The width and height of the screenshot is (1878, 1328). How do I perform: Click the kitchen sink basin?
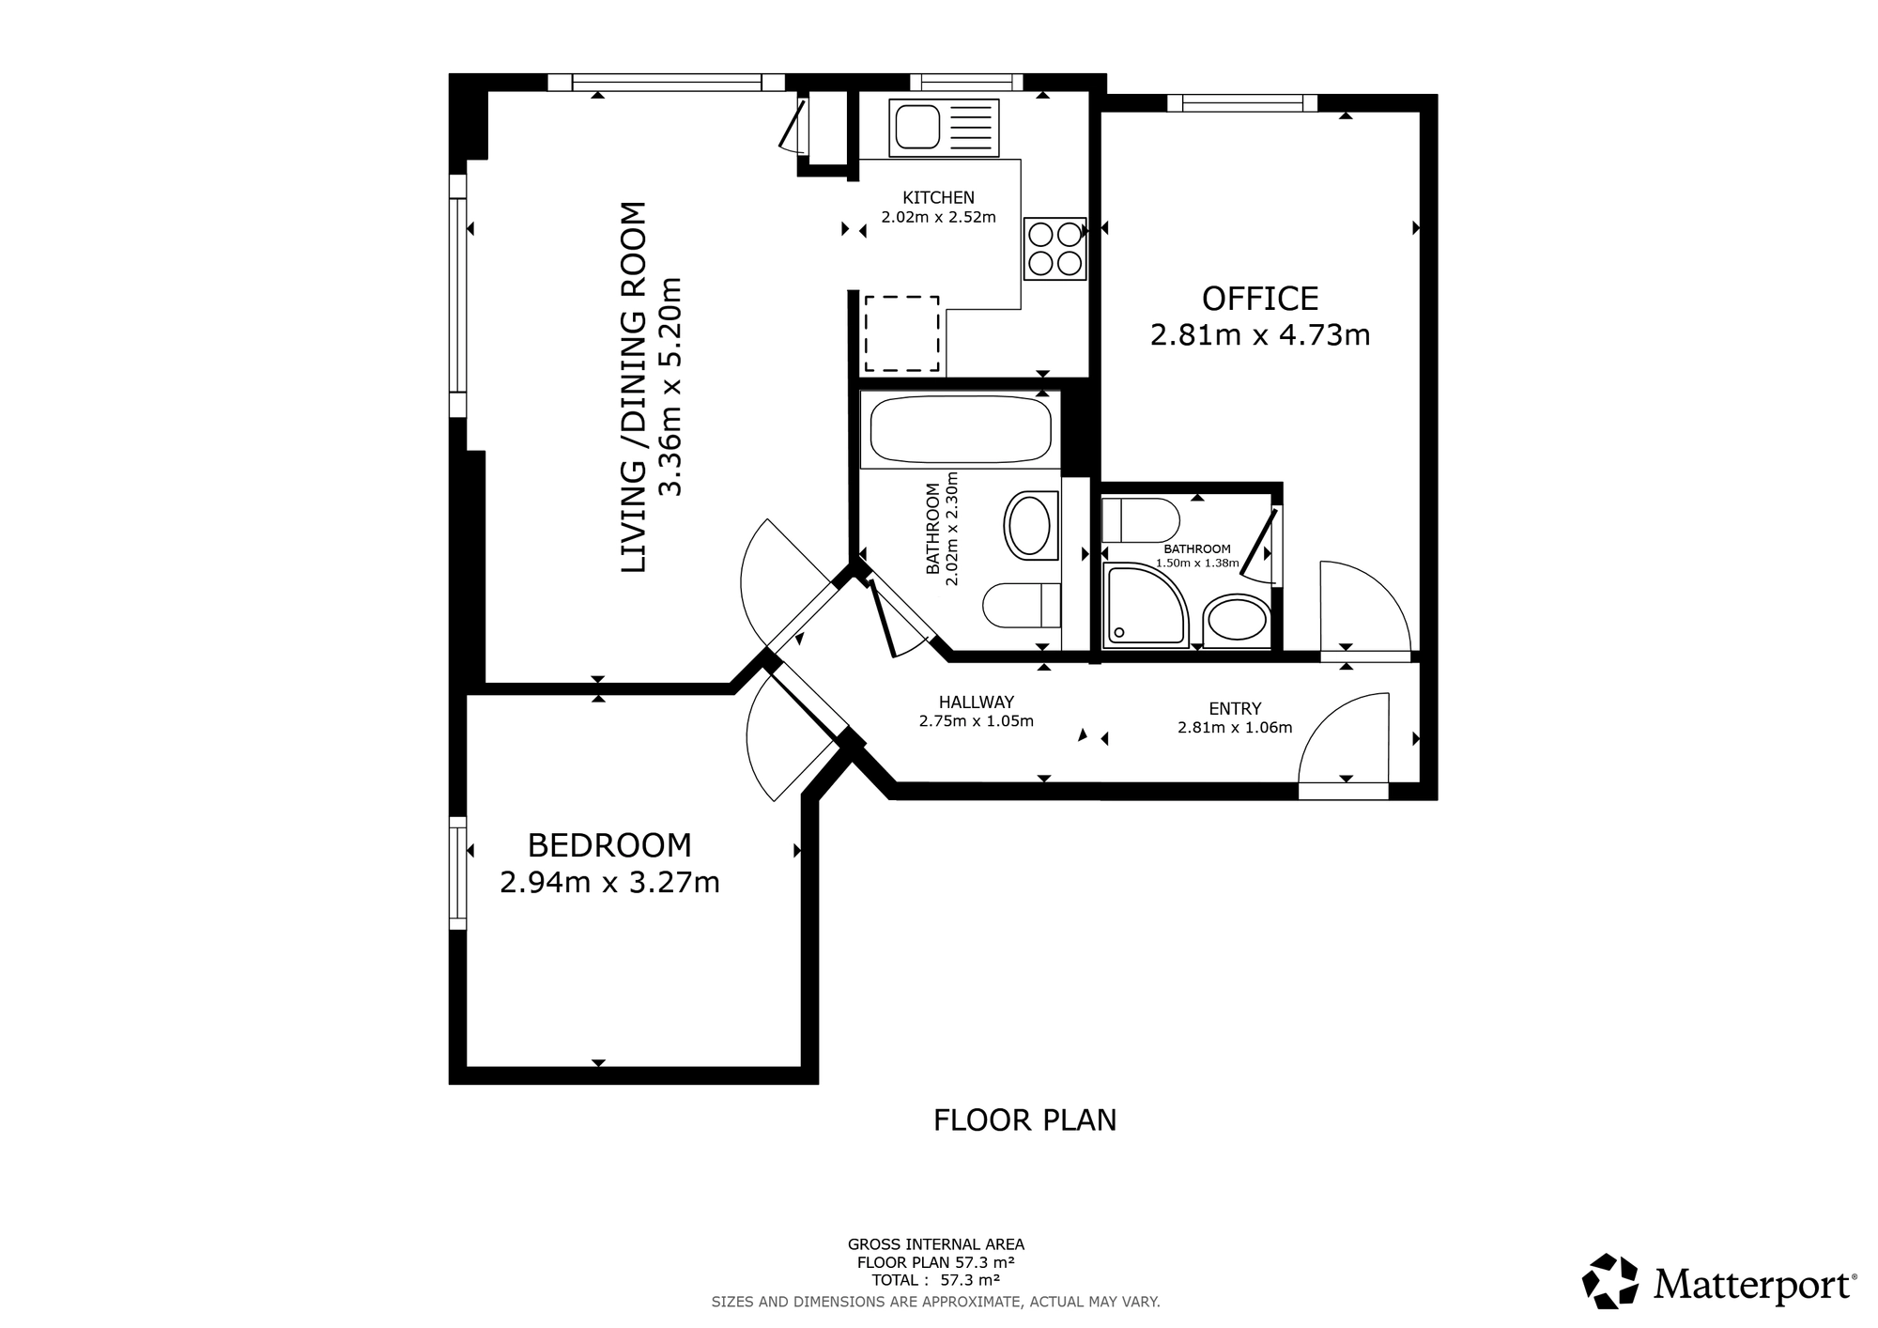click(917, 127)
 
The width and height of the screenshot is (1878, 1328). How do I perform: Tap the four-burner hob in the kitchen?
click(1055, 248)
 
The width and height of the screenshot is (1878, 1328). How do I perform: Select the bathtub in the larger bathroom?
click(961, 429)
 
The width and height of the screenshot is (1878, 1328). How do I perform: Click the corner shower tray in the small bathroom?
click(1146, 605)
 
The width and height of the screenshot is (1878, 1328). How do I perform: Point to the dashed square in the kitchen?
click(901, 333)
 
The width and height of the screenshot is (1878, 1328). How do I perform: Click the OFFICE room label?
click(1260, 299)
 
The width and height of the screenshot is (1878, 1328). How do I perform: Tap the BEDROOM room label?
click(609, 845)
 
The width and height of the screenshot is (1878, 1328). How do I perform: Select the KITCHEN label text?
click(938, 197)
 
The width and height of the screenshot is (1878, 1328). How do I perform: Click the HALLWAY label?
click(977, 702)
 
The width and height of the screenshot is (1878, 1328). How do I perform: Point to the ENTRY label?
click(1235, 708)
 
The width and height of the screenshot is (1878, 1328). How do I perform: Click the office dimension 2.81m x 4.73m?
click(1260, 334)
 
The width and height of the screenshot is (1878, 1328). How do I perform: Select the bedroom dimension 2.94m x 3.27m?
click(609, 883)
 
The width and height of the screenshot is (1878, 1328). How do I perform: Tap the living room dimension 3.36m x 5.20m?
click(670, 386)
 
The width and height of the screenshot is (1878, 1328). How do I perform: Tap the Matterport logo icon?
click(1610, 1281)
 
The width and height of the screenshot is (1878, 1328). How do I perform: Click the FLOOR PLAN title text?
click(1024, 1120)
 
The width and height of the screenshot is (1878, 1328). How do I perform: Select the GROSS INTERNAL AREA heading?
click(935, 1244)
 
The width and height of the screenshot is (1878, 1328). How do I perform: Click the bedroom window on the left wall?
click(457, 872)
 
